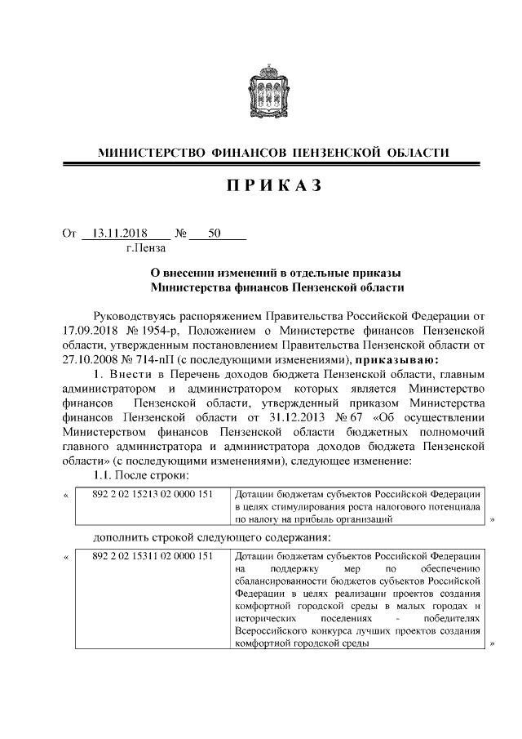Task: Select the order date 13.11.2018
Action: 123,234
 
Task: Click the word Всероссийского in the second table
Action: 270,631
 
